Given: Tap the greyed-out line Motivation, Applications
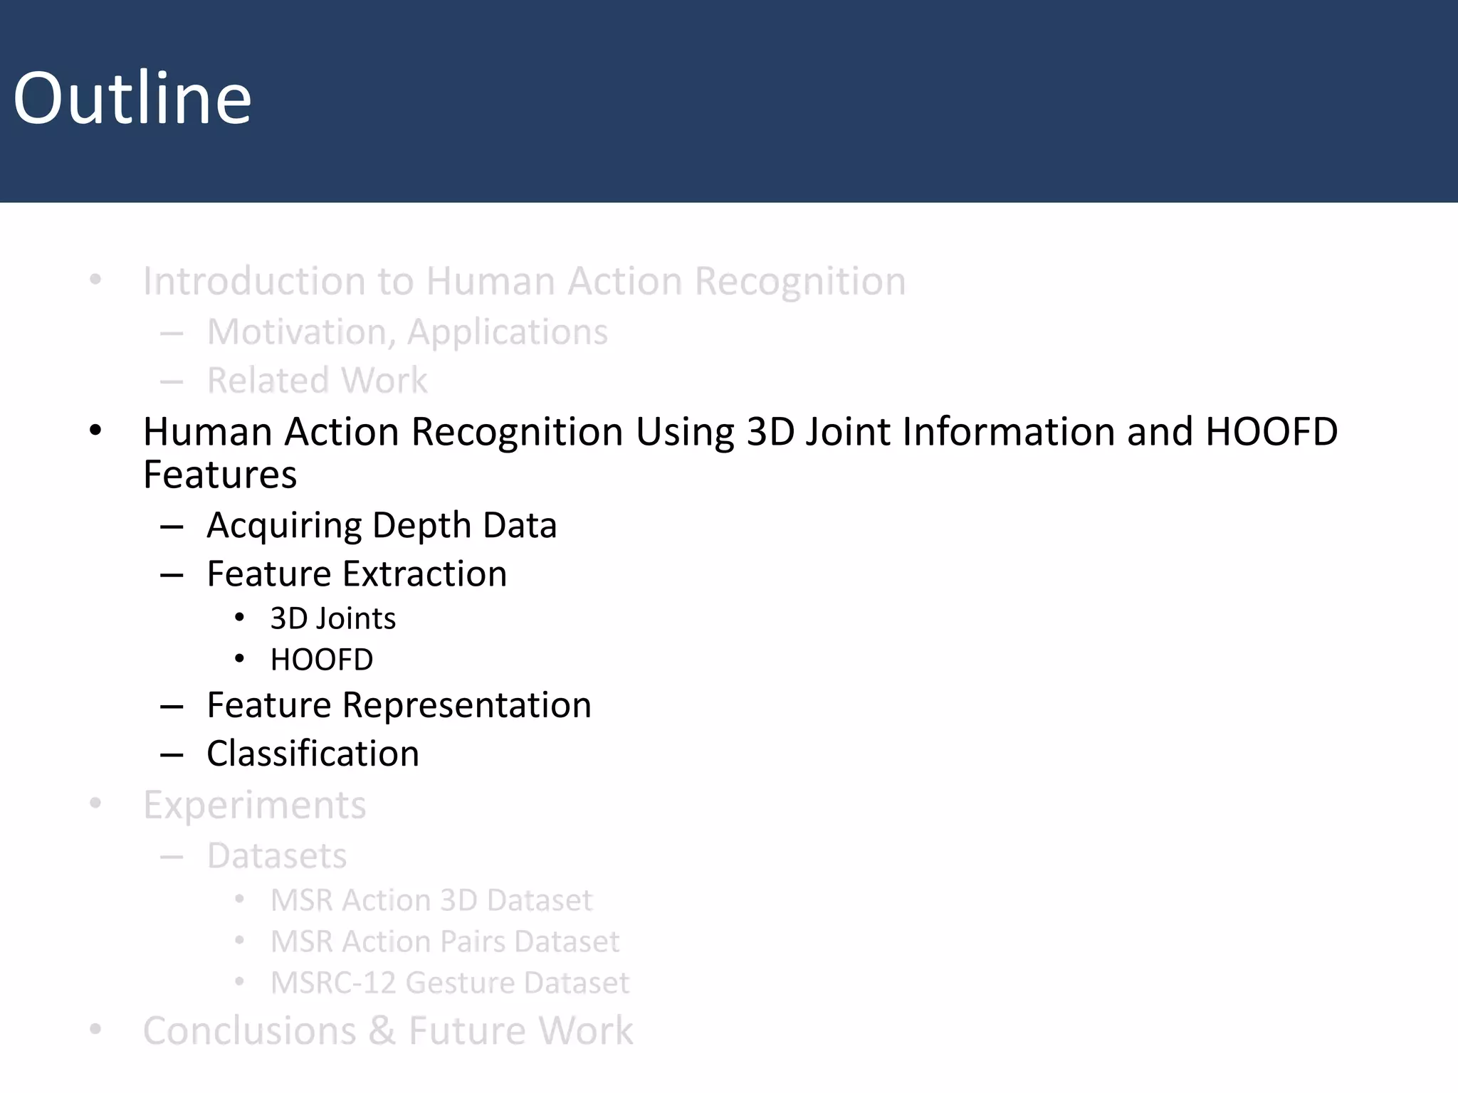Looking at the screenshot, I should coord(407,332).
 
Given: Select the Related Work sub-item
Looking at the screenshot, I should coord(317,381).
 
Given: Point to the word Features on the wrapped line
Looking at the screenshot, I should coord(220,475).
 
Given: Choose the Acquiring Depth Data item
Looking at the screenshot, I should coord(382,526).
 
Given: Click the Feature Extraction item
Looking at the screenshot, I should coord(357,574).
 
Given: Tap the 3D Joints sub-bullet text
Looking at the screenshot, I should coord(332,619).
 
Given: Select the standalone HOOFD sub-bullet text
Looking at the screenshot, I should coord(322,660).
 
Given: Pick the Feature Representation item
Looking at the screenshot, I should coord(399,705).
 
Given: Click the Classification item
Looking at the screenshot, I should coord(313,754).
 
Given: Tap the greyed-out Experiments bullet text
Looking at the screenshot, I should coord(254,806).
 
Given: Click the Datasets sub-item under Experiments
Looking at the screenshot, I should coord(277,856).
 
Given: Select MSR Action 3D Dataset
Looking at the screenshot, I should coord(431,901).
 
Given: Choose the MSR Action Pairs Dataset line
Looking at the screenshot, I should coord(445,942).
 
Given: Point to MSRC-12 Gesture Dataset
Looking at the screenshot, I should coord(449,983).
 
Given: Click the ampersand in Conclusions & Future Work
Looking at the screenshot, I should coord(382,1031).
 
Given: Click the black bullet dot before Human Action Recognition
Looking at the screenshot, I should coord(95,431).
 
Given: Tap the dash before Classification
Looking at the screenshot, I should coord(172,754).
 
